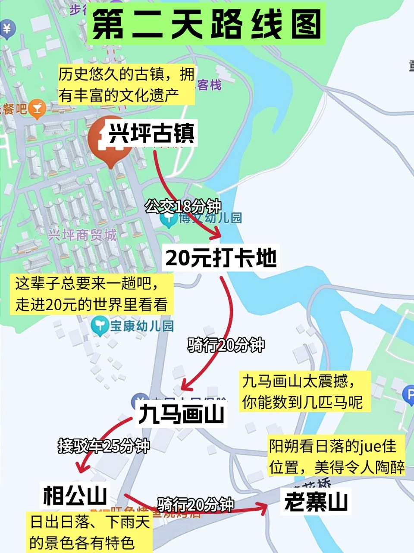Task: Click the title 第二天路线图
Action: tap(206, 24)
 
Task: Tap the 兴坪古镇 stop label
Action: tap(151, 133)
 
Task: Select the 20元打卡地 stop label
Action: tap(221, 258)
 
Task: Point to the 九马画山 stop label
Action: tap(181, 414)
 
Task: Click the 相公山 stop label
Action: tap(75, 495)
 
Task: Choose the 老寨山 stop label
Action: tap(316, 502)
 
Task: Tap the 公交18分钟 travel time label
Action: tap(183, 207)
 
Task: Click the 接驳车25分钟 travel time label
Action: tap(104, 445)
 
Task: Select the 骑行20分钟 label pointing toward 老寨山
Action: tap(196, 504)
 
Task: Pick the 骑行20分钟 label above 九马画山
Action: tap(226, 345)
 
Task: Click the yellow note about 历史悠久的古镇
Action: tap(126, 85)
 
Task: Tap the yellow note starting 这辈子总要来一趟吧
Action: tap(91, 294)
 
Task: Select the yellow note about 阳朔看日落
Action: tap(337, 456)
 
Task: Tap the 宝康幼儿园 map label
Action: tap(142, 326)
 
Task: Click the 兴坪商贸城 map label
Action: tap(82, 235)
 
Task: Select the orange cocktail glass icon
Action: tap(37, 109)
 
